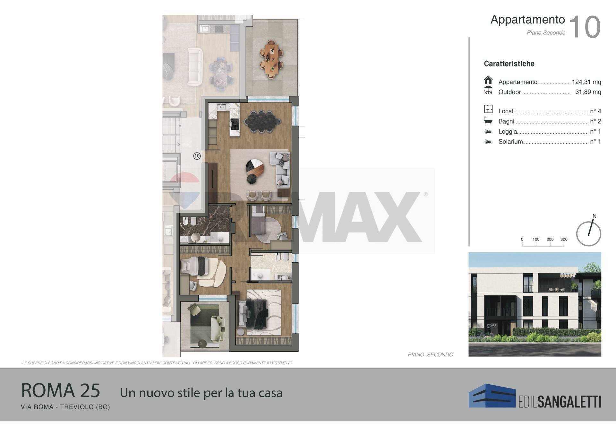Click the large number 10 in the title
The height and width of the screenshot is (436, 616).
585,27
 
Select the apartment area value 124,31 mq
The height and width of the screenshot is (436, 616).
586,82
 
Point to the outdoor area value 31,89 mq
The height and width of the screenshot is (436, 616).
588,92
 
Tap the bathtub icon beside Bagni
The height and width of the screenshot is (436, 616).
488,120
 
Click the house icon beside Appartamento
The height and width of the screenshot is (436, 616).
488,80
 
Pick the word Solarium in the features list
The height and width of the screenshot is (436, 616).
510,142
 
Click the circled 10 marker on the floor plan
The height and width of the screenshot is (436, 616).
197,156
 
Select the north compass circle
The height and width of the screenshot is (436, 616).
588,234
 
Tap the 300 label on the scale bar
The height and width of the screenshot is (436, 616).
564,239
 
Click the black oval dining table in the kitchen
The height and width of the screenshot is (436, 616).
262,121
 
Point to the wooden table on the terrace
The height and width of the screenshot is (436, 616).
271,59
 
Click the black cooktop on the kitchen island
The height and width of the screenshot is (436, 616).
235,124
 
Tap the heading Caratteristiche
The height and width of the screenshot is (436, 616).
509,64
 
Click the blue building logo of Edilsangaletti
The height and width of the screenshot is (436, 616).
492,396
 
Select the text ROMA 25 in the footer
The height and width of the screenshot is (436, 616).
61,390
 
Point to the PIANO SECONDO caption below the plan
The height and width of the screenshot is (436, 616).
430,354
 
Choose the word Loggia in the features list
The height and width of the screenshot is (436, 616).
508,132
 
